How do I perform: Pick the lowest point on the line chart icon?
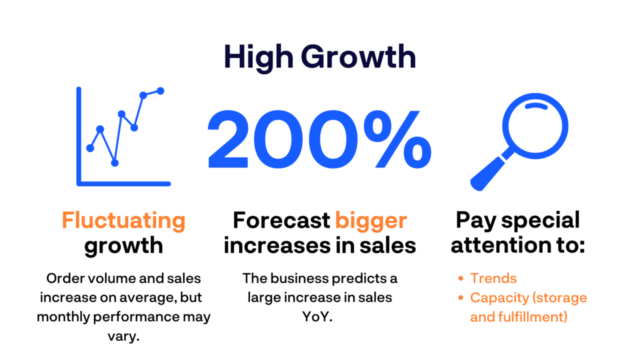coord(114,162)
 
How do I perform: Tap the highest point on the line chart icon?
coord(160,90)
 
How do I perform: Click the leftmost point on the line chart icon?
coord(90,148)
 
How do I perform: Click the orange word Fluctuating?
coord(123,220)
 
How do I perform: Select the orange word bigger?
coord(371,220)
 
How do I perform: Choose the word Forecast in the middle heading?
coord(281,220)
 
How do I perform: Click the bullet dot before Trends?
coord(461,278)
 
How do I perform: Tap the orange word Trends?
coord(493,278)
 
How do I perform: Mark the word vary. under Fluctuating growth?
coord(123,336)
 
